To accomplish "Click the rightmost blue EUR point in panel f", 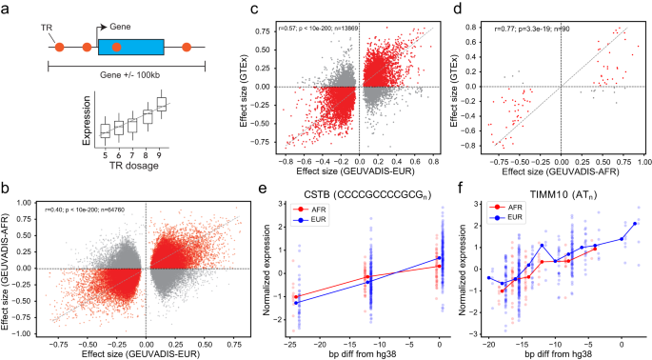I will pyautogui.click(x=634, y=224).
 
